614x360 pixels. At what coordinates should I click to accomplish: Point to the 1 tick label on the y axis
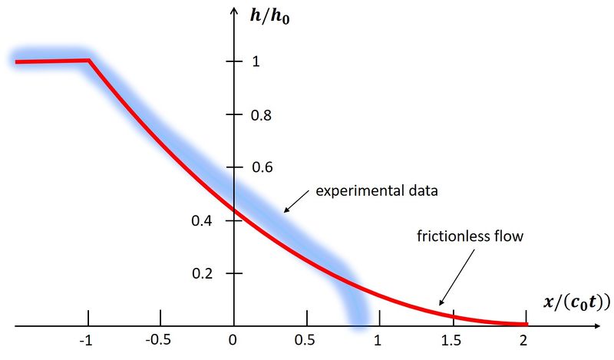tap(255, 61)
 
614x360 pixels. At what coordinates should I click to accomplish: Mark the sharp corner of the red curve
tap(90, 60)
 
